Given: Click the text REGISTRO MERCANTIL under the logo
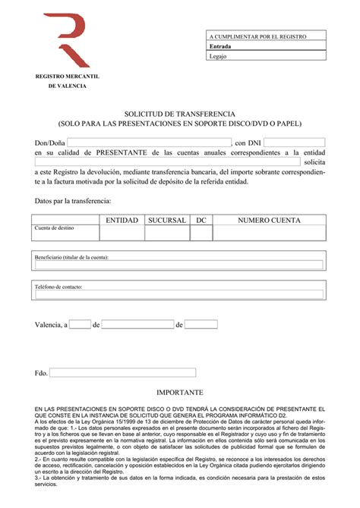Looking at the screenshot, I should click(68, 77).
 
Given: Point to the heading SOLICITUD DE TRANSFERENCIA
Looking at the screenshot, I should click(180, 113).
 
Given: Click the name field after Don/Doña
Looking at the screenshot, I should click(150, 143).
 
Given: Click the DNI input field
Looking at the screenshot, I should click(294, 143).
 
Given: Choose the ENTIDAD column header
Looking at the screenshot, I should click(122, 220).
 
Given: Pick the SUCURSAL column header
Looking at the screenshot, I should click(166, 220).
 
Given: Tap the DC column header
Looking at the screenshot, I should click(201, 220).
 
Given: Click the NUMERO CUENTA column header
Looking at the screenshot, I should click(269, 220).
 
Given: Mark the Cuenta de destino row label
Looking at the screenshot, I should click(54, 227).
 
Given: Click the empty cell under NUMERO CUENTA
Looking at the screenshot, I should click(269, 233).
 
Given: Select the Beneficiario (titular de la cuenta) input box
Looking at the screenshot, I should click(179, 265).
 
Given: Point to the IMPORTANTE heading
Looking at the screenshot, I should click(180, 394).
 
